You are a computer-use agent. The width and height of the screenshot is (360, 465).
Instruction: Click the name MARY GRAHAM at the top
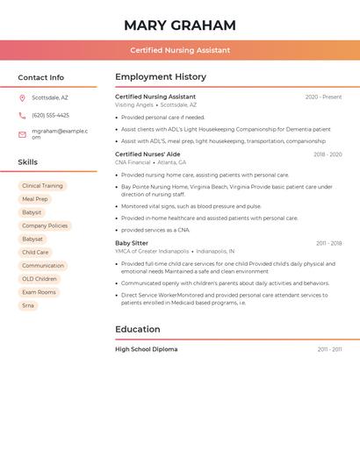click(x=180, y=25)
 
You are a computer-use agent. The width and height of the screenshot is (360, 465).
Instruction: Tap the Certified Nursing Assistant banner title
click(x=180, y=50)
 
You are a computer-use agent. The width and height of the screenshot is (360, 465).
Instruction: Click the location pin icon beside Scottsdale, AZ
click(x=22, y=97)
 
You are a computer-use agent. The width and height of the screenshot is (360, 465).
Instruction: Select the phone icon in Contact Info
click(x=22, y=115)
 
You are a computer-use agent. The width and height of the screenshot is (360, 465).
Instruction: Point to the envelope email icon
click(x=22, y=134)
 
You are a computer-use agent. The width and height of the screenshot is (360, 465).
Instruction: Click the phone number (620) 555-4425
click(x=50, y=115)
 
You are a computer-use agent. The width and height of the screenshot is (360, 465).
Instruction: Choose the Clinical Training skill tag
click(x=42, y=186)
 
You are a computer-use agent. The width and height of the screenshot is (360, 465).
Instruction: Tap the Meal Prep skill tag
click(x=35, y=199)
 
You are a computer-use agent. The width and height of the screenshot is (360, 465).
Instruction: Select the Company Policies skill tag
click(x=45, y=225)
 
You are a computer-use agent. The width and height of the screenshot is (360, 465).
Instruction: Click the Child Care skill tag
click(x=35, y=253)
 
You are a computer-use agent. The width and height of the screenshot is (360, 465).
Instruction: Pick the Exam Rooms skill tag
click(x=39, y=292)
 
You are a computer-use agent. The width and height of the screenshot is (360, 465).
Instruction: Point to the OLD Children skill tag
click(x=40, y=279)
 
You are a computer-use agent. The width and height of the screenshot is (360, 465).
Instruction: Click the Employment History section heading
click(x=161, y=77)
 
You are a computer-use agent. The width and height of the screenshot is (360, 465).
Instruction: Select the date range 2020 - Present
click(x=323, y=97)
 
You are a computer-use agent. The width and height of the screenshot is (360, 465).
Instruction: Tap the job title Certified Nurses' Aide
click(x=148, y=154)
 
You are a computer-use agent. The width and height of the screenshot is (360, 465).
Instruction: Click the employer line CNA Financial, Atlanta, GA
click(x=150, y=162)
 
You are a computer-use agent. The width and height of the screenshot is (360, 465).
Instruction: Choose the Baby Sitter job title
click(x=132, y=243)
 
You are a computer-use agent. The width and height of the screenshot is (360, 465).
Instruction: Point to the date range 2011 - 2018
click(x=328, y=243)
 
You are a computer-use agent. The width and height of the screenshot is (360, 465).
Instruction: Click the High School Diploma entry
click(x=146, y=349)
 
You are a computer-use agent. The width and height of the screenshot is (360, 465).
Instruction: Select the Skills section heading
click(x=28, y=162)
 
